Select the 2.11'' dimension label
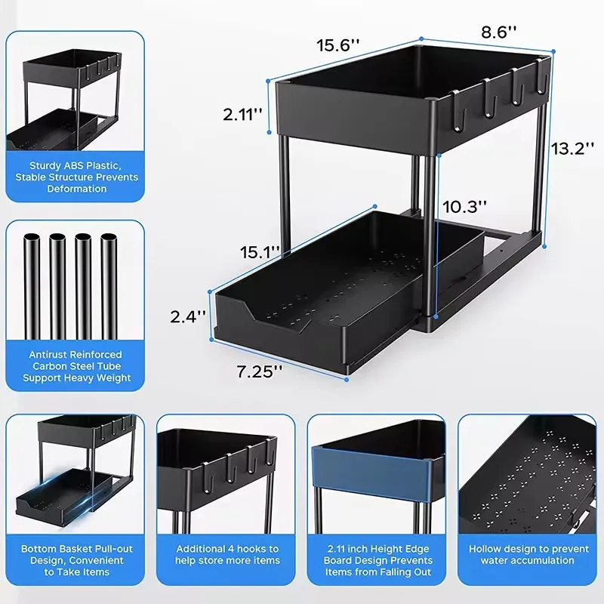pyautogui.click(x=242, y=114)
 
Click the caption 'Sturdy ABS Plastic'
pyautogui.click(x=75, y=165)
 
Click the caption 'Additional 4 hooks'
pyautogui.click(x=227, y=554)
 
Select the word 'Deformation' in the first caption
pyautogui.click(x=75, y=189)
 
